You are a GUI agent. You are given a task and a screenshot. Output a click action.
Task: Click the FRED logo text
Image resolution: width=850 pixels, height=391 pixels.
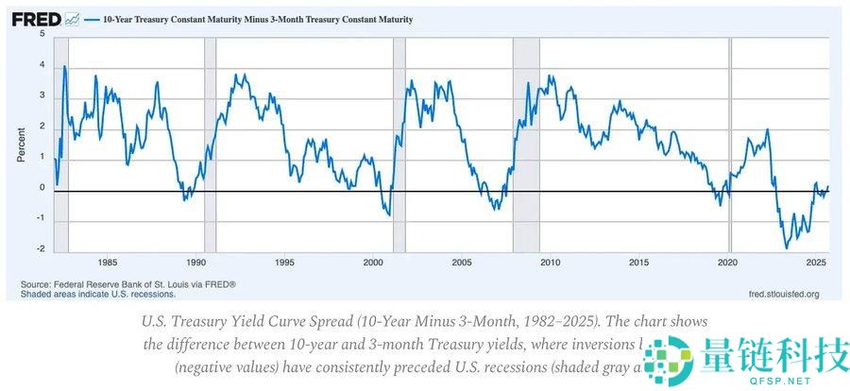(36, 19)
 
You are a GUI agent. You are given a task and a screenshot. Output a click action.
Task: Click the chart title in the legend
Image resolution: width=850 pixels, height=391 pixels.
(249, 19)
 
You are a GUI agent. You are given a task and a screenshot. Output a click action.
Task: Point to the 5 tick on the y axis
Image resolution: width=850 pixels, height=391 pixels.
(42, 34)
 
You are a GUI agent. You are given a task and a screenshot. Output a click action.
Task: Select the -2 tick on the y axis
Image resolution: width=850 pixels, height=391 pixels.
(40, 249)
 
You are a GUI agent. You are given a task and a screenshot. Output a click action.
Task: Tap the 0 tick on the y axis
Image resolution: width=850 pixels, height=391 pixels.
(42, 188)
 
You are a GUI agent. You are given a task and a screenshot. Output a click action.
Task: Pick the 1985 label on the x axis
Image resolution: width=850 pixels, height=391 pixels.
(107, 262)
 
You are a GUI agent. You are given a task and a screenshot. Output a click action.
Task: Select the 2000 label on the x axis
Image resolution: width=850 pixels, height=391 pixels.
(373, 262)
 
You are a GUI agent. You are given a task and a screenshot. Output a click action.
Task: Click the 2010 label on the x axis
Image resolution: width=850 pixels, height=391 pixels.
(551, 262)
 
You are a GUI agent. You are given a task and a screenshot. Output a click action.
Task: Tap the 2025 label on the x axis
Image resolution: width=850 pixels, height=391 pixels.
(816, 262)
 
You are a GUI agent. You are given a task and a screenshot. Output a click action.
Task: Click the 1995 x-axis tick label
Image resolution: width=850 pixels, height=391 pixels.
(284, 262)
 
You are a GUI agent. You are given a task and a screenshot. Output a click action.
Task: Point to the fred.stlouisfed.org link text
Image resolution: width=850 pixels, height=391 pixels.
(783, 294)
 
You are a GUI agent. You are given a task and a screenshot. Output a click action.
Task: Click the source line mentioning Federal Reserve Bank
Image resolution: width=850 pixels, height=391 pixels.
(128, 284)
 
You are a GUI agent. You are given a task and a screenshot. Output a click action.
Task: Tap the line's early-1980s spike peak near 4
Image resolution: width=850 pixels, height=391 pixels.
(64, 66)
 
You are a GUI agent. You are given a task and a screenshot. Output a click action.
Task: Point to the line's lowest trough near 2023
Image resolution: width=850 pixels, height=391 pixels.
(786, 248)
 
